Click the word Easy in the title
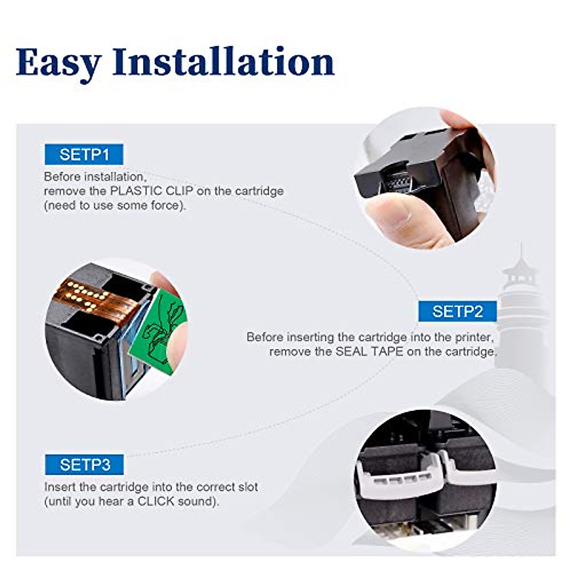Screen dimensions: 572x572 coord(59,62)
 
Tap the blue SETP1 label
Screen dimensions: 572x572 coord(84,154)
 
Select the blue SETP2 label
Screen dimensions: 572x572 coord(457,311)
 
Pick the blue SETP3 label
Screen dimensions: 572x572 coord(84,464)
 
